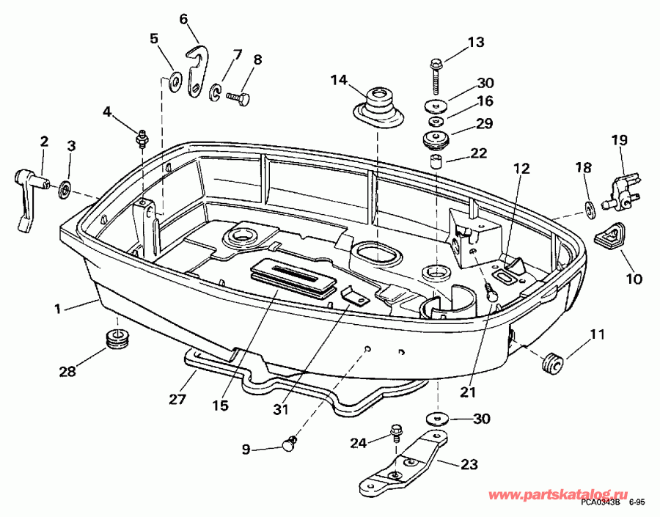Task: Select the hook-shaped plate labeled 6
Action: click(x=197, y=70)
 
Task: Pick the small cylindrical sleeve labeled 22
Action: click(x=435, y=161)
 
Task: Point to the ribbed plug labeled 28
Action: click(x=117, y=339)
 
